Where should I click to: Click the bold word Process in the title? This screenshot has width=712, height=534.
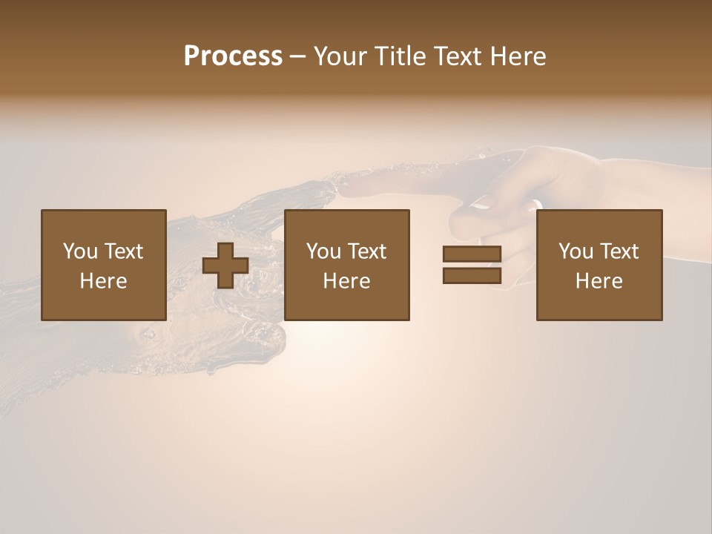tap(233, 56)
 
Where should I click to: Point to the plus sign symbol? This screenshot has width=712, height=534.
tap(225, 265)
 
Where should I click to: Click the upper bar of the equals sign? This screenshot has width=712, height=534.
tap(472, 254)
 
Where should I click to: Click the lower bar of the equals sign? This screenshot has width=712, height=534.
tap(472, 275)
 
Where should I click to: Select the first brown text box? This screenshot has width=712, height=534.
tap(104, 265)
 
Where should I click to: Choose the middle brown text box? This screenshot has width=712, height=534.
tap(347, 265)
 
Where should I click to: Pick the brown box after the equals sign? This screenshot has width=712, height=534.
tap(599, 265)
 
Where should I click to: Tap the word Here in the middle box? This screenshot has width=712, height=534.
tap(347, 281)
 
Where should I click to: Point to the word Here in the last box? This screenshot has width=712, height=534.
tap(599, 281)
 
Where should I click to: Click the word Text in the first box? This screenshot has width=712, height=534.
tap(123, 251)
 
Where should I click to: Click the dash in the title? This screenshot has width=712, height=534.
tap(297, 57)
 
